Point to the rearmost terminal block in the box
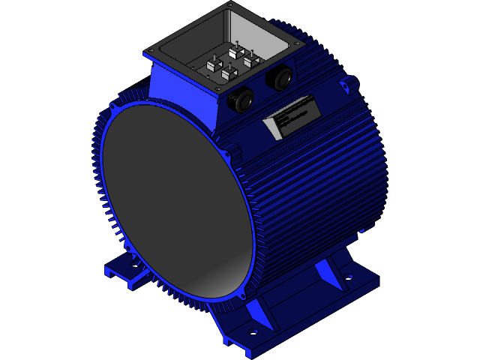235,51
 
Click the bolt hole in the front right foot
253,331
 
